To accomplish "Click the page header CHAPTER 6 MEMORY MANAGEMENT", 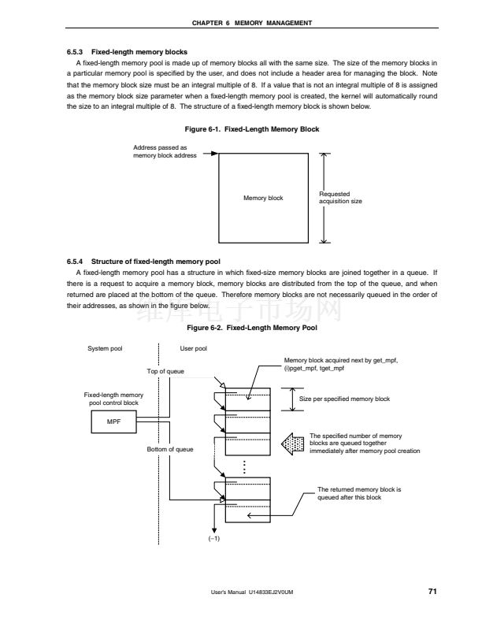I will coord(241,22).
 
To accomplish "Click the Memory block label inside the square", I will coord(263,198).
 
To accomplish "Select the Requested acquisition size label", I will coord(340,198).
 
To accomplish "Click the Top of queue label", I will coord(165,370).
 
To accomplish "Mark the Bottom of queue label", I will coord(170,449).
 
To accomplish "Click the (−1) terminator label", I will coord(213,538).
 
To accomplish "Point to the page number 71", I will coord(432,591).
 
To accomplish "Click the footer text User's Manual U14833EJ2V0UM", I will coord(258,592).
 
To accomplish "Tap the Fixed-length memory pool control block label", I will coord(113,398).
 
